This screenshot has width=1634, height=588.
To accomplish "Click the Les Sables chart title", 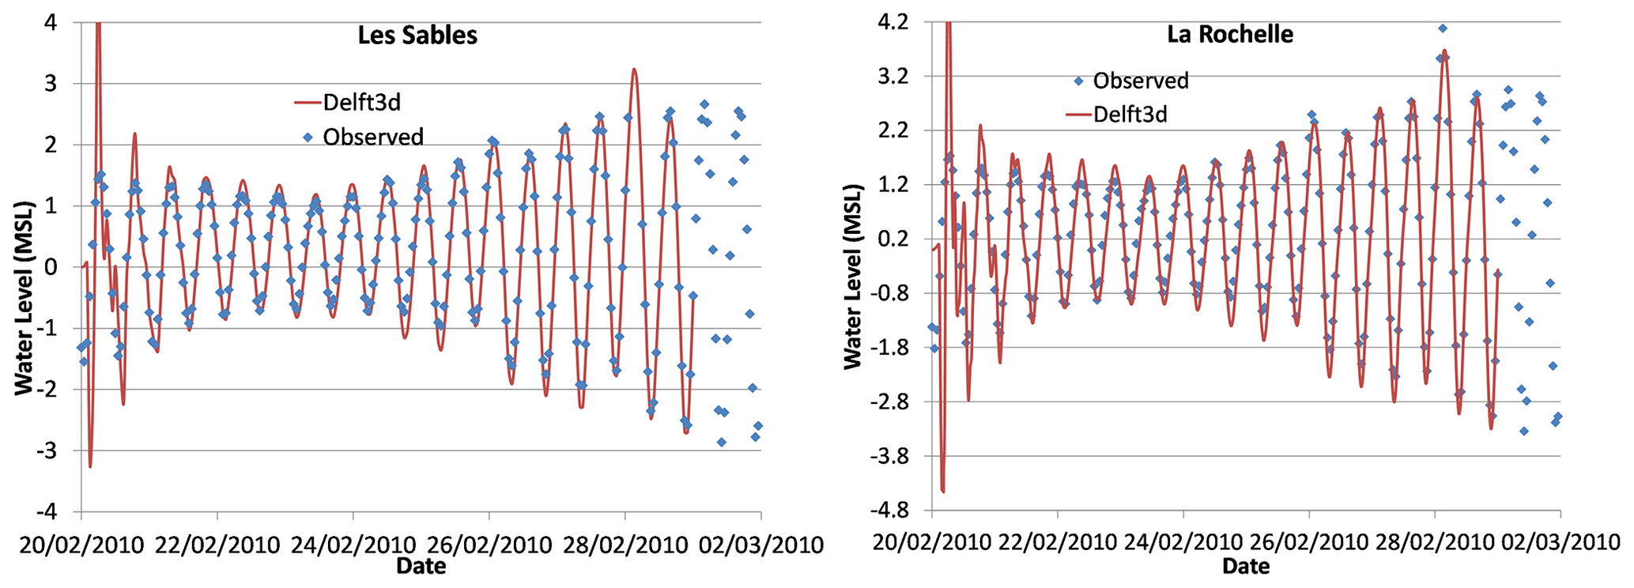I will tap(417, 36).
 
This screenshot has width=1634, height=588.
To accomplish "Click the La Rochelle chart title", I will tap(1230, 34).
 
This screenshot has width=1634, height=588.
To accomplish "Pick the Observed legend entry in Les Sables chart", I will tap(372, 138).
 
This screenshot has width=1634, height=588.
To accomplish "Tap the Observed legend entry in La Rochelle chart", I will tap(1140, 81).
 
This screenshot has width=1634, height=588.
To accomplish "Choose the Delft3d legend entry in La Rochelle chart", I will tap(1130, 115).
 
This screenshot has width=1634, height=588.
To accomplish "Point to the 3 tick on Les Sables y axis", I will tap(51, 84).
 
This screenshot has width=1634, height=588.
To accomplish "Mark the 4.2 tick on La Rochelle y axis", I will tap(892, 22).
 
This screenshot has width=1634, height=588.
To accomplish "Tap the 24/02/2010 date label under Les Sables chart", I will tap(353, 545).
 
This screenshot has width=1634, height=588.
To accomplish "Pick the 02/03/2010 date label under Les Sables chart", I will tap(762, 545).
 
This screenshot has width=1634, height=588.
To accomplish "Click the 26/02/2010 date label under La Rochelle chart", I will tap(1309, 543).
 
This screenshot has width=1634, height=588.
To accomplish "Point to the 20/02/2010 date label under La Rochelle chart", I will tap(933, 543).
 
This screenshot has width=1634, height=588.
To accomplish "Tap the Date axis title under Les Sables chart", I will tap(421, 566).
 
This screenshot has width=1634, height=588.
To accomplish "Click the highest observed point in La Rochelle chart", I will tap(1443, 28).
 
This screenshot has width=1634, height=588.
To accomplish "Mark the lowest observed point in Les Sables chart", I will tap(721, 442).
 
